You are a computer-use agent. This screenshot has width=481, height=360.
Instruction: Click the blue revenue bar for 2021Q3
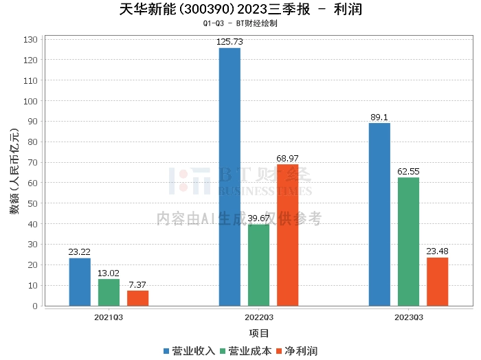(80, 282)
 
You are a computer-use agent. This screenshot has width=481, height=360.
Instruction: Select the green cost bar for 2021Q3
(109, 292)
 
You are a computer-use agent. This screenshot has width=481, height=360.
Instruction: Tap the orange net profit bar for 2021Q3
(137, 298)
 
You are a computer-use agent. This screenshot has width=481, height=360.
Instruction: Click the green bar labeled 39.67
(258, 265)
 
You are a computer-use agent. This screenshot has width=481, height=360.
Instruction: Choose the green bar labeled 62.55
(408, 241)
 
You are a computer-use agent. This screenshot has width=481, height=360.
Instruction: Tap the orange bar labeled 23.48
(437, 282)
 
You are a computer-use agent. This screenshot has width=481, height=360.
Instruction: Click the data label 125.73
(230, 42)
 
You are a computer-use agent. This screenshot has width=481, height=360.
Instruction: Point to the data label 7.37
(137, 284)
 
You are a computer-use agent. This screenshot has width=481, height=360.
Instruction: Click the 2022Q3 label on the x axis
(258, 317)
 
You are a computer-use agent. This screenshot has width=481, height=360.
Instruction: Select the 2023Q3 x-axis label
(408, 317)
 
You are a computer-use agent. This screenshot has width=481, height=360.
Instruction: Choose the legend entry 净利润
(296, 350)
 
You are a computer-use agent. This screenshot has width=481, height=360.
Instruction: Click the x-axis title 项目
(258, 333)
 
